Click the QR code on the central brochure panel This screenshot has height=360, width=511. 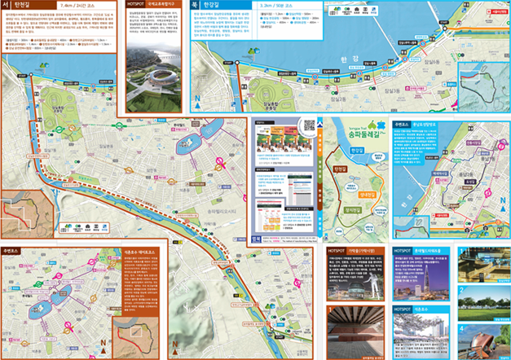pos(309,125)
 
